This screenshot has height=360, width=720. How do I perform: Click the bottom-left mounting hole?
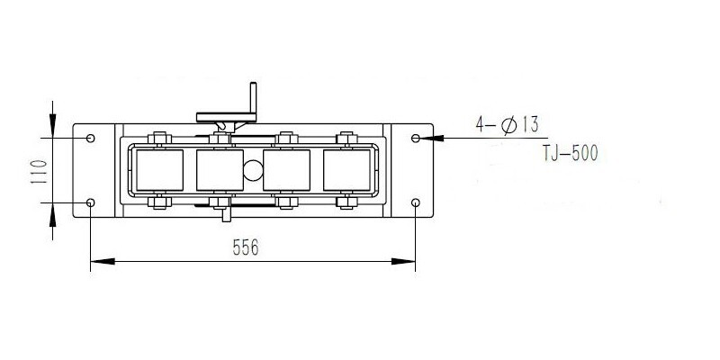point(90,202)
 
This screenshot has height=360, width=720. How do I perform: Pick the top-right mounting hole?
point(415,138)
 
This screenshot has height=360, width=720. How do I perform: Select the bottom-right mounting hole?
point(415,202)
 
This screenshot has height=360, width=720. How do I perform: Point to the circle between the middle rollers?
point(253,167)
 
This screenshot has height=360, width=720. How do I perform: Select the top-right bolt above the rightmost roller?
point(346,139)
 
